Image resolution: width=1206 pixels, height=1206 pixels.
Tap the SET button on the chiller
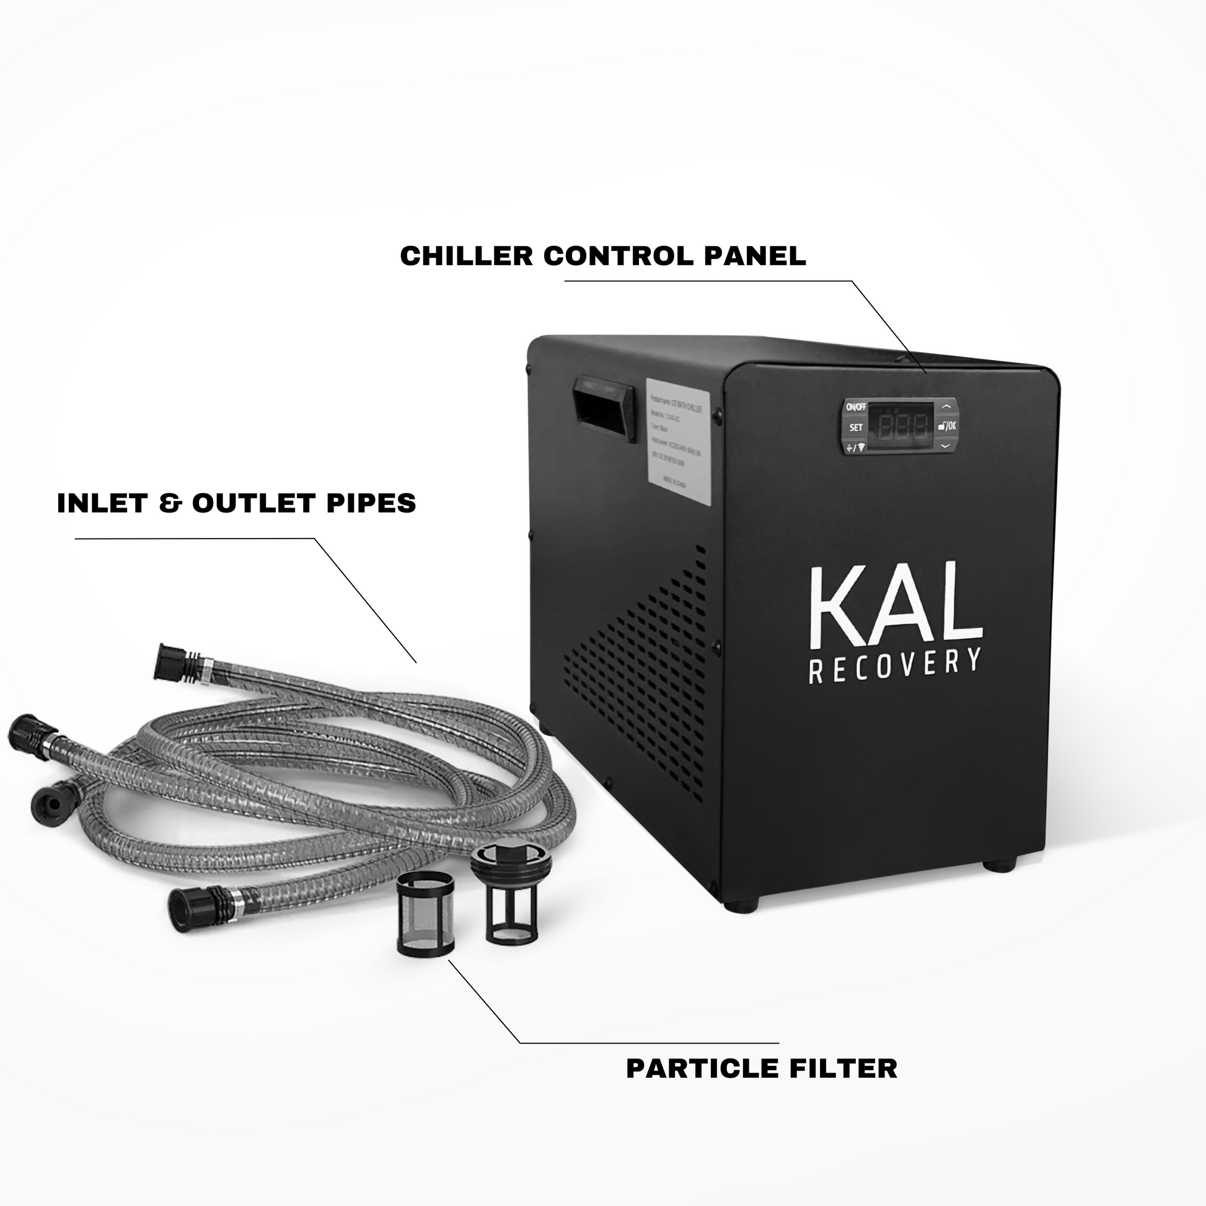(x=856, y=428)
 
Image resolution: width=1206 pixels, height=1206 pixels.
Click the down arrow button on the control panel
(x=944, y=446)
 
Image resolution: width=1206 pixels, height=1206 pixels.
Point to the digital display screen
(x=902, y=427)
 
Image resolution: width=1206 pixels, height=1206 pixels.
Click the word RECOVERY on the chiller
(x=894, y=667)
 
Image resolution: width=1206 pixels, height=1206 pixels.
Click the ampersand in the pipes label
(x=169, y=504)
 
